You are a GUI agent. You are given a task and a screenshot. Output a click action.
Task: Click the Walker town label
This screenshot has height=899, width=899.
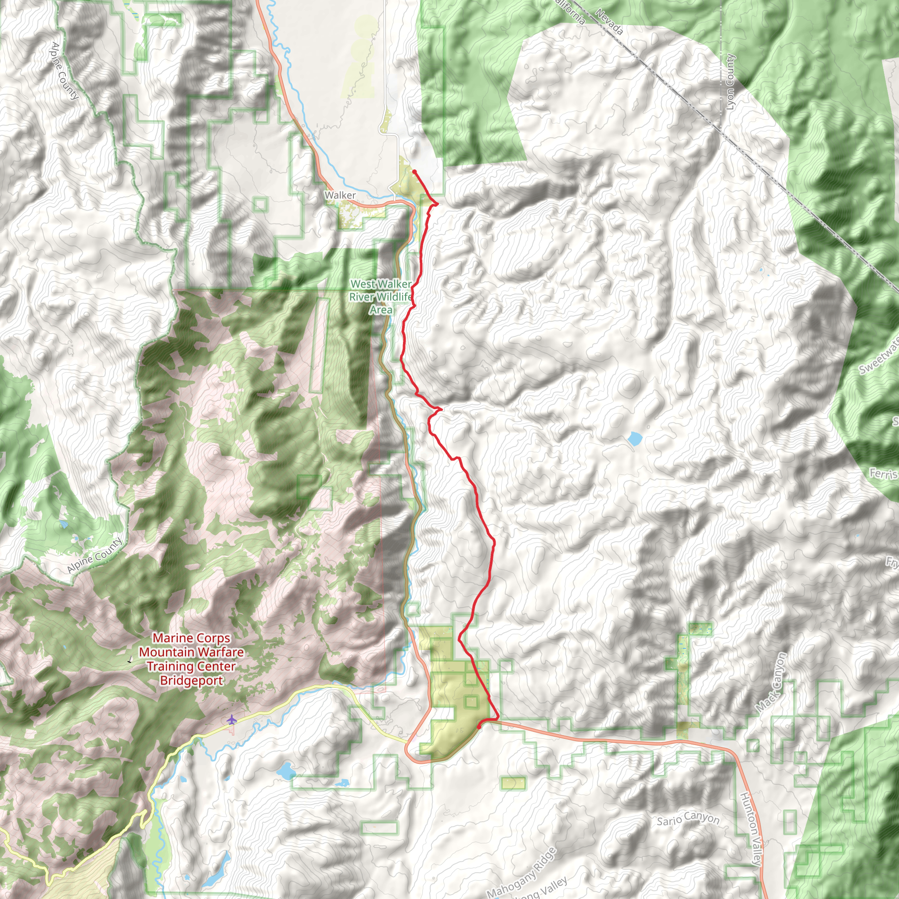(340, 195)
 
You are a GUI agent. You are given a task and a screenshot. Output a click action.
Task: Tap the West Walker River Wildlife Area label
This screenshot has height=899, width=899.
(381, 297)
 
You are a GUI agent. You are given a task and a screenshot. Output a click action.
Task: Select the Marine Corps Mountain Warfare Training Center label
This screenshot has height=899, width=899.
(191, 659)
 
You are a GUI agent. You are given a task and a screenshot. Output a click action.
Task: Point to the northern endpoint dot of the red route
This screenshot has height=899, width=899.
(414, 172)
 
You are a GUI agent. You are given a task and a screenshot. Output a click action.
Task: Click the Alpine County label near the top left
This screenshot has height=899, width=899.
(64, 71)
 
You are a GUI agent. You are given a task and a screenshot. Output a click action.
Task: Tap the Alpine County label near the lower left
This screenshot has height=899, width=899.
(94, 555)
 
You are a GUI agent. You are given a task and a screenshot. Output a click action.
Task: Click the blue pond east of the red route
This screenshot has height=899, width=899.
(634, 438)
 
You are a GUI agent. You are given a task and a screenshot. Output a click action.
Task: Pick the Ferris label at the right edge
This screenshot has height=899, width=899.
(883, 474)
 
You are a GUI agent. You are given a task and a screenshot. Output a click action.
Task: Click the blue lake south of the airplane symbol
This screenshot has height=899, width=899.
(284, 770)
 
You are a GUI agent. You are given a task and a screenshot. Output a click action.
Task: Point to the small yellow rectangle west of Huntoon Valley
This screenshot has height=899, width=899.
(513, 783)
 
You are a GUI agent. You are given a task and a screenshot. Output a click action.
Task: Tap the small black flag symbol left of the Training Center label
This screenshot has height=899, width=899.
(130, 660)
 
